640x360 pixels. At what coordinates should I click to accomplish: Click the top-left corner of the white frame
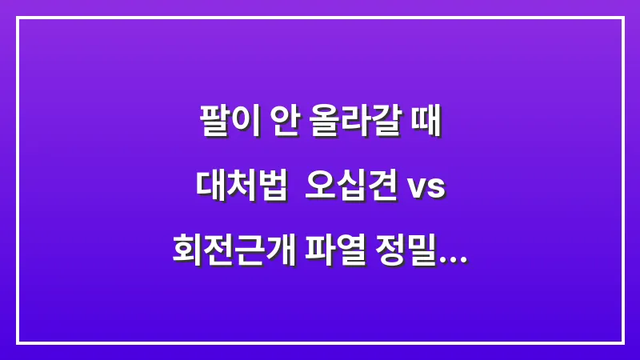point(18,18)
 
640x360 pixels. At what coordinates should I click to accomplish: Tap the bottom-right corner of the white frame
point(622,342)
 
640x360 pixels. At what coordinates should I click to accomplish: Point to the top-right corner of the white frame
point(622,18)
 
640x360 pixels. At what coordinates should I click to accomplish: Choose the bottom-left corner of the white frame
point(18,342)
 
